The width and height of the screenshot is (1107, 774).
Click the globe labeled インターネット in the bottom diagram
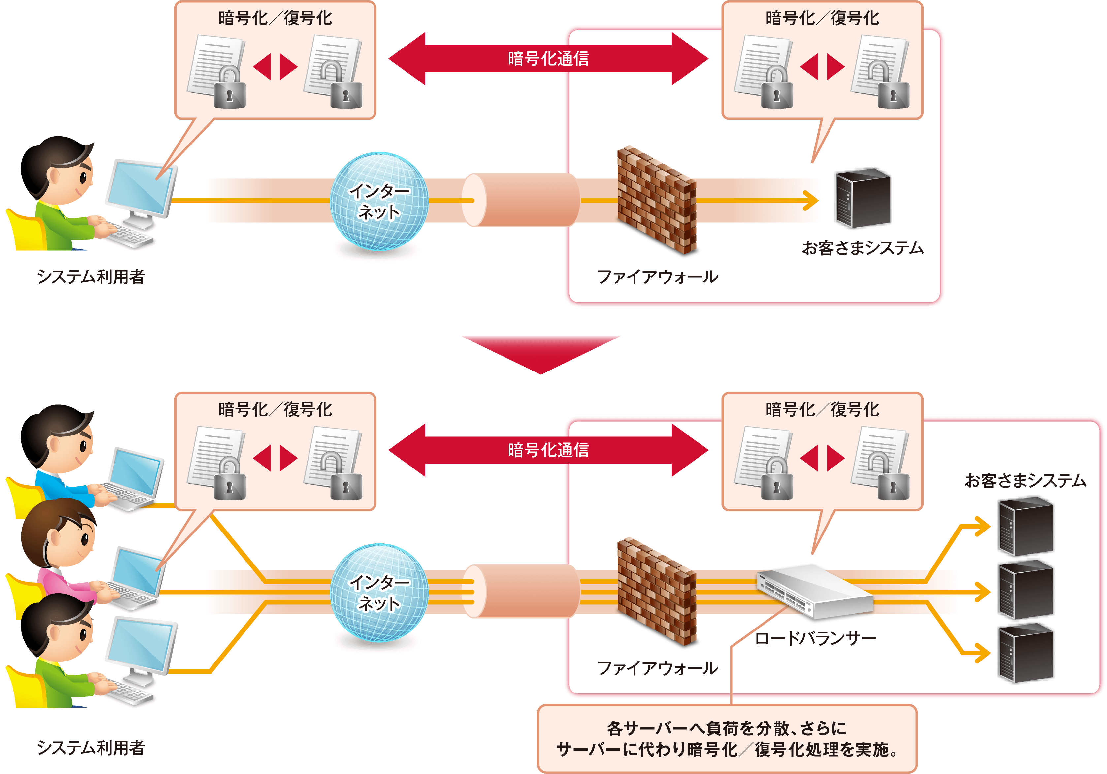point(379,593)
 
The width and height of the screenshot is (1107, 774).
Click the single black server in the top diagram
point(863,198)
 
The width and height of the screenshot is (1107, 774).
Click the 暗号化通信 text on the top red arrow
point(548,59)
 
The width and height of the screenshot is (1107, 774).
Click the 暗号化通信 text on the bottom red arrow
point(548,450)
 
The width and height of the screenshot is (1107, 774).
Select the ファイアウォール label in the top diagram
point(657,277)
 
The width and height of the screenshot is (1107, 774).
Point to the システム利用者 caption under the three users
point(91,748)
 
